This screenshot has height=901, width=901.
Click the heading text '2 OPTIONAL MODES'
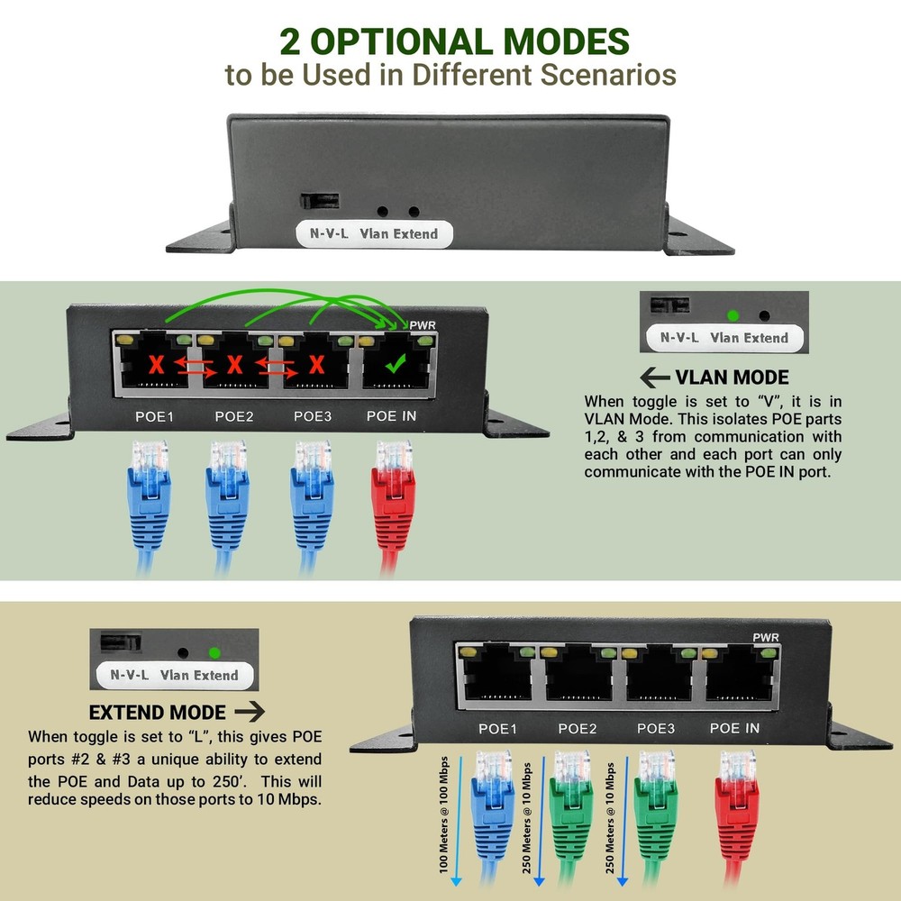tap(453, 41)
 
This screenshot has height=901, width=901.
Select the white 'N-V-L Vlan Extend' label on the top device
tap(373, 233)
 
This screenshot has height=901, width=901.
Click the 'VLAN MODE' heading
tap(732, 378)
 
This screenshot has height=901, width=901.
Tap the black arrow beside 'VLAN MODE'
tap(654, 378)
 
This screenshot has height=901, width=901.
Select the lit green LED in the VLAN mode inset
tap(733, 315)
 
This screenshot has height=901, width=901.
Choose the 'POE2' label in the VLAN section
tap(234, 416)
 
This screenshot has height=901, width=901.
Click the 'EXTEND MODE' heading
tap(157, 711)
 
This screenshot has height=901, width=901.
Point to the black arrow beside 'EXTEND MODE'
tap(250, 711)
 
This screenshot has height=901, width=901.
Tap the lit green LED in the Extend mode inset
tap(214, 652)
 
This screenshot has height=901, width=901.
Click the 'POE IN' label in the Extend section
tap(734, 728)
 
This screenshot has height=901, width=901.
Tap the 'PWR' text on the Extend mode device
tap(765, 638)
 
